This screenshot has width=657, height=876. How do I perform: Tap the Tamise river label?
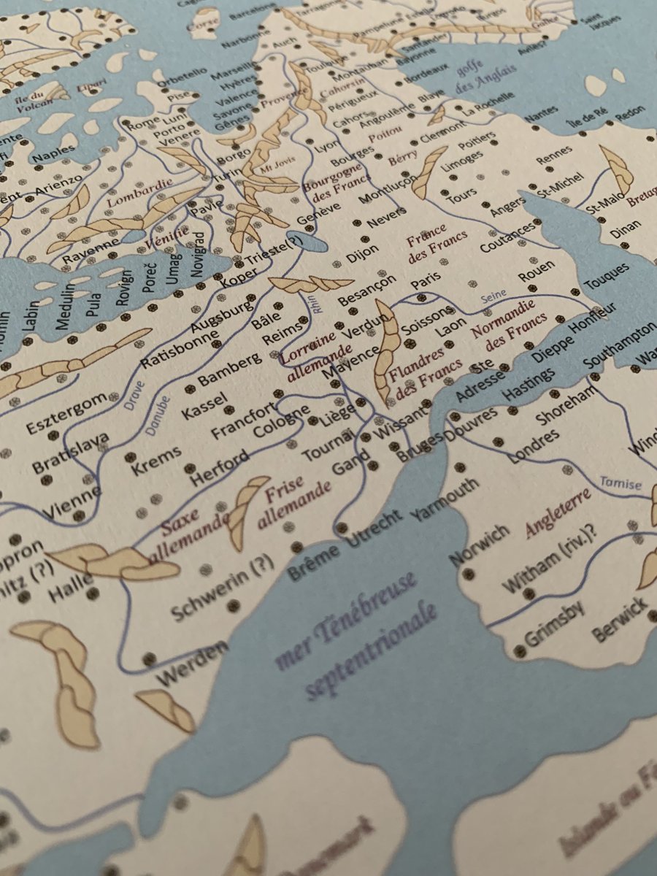pos(620,483)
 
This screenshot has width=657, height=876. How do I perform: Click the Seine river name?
pos(493,299)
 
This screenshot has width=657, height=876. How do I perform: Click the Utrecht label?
pos(375,532)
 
